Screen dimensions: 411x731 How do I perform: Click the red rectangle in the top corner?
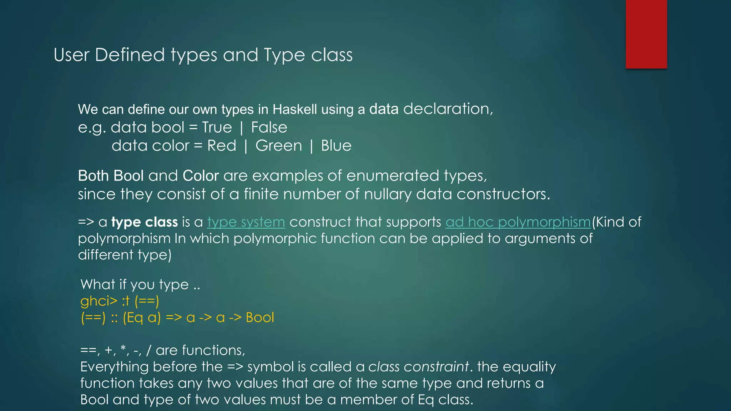(646, 34)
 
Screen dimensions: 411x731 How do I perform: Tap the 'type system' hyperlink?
(246, 222)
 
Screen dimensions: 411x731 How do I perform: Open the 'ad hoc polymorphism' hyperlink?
(518, 222)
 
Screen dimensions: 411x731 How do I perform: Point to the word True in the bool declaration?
(217, 128)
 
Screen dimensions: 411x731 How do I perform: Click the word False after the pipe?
(269, 128)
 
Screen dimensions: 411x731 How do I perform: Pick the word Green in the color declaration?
(278, 146)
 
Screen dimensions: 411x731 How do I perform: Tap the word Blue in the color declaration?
(336, 146)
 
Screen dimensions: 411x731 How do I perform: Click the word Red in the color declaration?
(221, 146)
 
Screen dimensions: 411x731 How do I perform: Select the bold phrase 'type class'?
(144, 222)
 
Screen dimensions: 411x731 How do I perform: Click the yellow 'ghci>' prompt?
(99, 301)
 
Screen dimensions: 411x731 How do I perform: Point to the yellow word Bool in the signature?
(259, 318)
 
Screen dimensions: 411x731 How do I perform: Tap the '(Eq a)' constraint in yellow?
(142, 318)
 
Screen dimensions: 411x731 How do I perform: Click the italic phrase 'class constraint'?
(418, 367)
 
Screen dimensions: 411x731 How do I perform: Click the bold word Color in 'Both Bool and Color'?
(201, 176)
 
